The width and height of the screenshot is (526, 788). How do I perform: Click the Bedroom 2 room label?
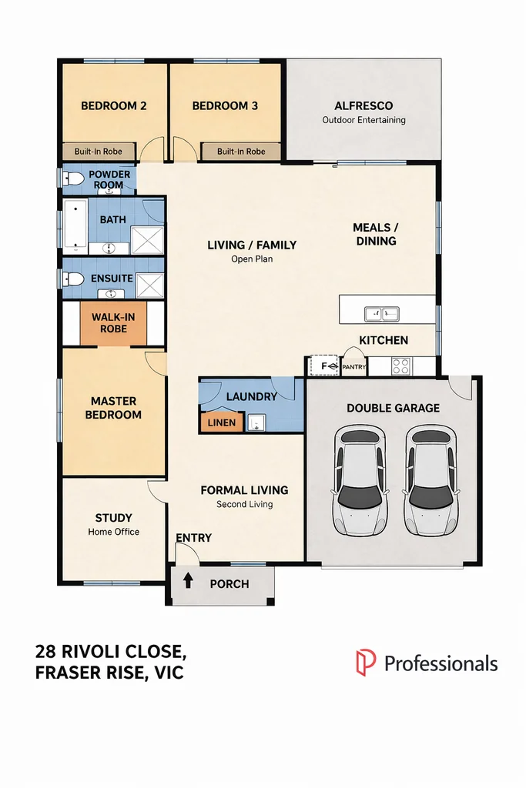click(114, 106)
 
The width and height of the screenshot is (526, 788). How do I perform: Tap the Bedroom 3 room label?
click(225, 106)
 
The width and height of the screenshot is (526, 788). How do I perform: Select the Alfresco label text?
click(364, 106)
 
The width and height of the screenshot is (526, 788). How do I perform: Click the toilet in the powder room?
click(73, 179)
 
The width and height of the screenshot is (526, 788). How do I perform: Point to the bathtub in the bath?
click(75, 226)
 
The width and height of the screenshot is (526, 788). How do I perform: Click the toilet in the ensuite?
click(74, 279)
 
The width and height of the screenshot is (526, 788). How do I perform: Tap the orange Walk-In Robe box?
click(114, 323)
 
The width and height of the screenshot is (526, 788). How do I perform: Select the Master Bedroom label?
click(114, 408)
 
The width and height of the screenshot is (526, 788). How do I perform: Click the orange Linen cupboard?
click(222, 422)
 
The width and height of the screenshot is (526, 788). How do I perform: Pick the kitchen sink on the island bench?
click(381, 314)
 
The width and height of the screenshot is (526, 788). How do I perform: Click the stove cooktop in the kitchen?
click(400, 366)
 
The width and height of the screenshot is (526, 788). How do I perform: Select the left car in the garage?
click(359, 482)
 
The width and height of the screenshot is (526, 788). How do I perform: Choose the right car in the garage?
click(431, 482)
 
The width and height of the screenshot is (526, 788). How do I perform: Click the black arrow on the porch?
click(186, 582)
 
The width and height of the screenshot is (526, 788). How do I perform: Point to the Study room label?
click(114, 518)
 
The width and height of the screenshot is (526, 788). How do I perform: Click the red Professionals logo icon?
click(365, 663)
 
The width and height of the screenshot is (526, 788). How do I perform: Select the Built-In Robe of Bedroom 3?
click(241, 152)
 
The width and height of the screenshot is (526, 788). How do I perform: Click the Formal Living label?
click(244, 490)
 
